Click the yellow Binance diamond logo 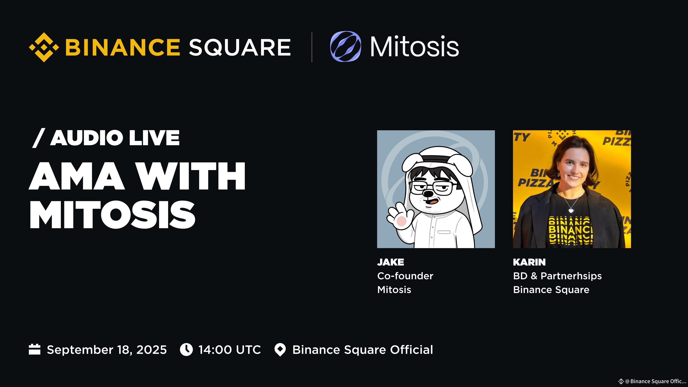(44, 47)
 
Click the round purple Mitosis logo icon (346, 46)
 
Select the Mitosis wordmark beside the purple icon (415, 47)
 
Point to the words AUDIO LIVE (115, 138)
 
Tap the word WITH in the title (190, 176)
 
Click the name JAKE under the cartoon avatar (390, 262)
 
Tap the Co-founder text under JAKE (405, 276)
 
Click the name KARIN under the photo (529, 262)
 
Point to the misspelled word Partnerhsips (571, 276)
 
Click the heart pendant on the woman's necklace (571, 210)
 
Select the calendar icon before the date (34, 349)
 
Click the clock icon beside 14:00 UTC (186, 350)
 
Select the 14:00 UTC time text (229, 350)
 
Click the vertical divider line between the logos (312, 47)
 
